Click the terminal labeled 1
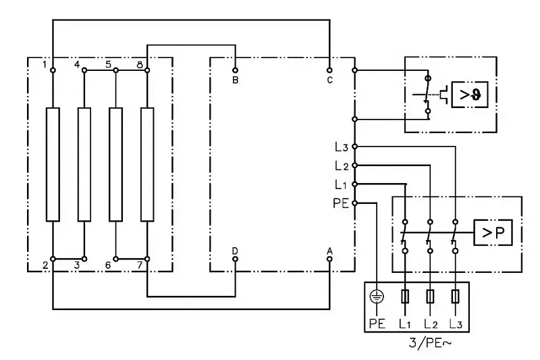coord(53,70)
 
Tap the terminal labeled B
coord(235,70)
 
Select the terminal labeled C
coord(329,70)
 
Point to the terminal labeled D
coord(235,259)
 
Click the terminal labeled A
coord(329,259)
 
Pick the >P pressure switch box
coord(493,233)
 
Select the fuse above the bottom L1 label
coord(404,296)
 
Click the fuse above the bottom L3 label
coord(456,296)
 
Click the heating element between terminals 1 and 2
coord(53,164)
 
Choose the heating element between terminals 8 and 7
coord(147,164)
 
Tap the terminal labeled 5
coord(116,70)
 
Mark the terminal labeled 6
coord(116,259)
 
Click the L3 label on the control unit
coord(341,147)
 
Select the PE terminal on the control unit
coord(354,202)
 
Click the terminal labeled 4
coord(84,70)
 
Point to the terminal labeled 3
coord(84,259)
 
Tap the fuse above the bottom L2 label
coord(430,296)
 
